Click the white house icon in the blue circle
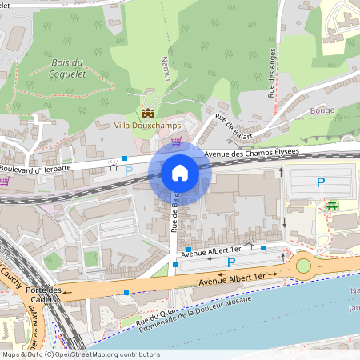point(180,172)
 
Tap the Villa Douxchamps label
point(148,126)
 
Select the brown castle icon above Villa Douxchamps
point(148,113)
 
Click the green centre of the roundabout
point(303,265)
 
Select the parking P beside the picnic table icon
point(321,182)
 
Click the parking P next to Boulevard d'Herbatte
point(128,171)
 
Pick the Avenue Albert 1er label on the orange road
point(232,276)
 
